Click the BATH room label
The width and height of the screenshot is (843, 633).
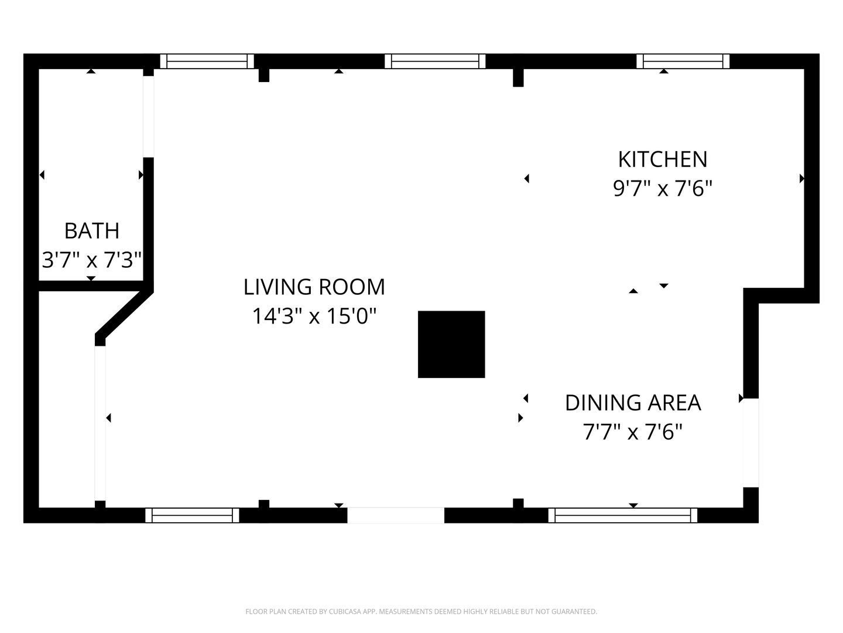pos(92,230)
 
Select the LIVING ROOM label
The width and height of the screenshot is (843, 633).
pos(314,287)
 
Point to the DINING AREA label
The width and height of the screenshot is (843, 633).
pos(633,403)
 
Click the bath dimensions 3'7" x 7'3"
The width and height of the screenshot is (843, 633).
pos(92,260)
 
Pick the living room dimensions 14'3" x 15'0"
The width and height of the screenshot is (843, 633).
pos(314,316)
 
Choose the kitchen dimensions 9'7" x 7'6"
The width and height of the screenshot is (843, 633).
pos(663,188)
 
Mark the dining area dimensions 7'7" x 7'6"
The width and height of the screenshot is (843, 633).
pos(633,431)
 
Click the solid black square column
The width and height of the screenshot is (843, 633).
pos(451,345)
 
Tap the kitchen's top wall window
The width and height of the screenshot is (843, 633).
pos(683,61)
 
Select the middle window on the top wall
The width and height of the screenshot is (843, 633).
pos(435,61)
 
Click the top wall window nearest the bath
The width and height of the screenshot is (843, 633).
pos(207,61)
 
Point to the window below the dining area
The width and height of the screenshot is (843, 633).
pos(622,515)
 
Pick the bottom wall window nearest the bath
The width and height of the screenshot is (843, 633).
pos(192,515)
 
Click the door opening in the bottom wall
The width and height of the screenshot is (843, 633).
pos(396,515)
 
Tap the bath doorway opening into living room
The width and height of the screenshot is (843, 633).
pos(149,117)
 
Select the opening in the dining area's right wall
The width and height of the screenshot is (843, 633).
pos(751,443)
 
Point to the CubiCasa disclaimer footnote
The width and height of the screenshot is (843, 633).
pos(421,611)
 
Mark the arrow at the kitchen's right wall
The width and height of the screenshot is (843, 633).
pos(801,179)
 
